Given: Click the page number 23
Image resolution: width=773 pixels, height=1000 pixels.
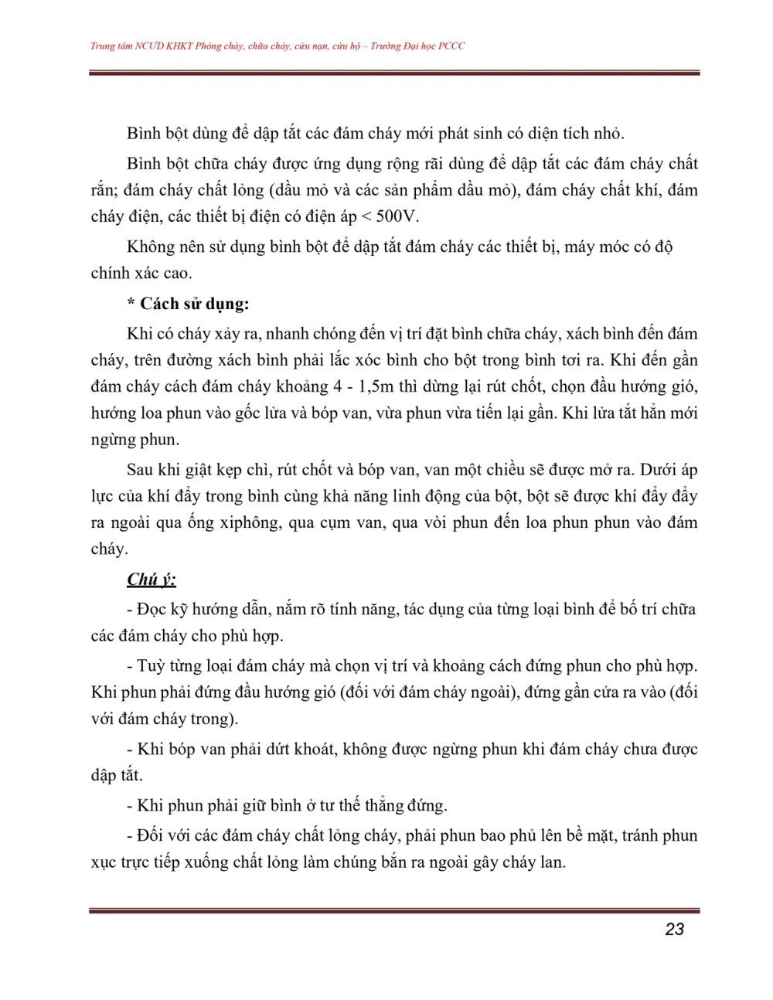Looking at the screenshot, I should click(674, 929).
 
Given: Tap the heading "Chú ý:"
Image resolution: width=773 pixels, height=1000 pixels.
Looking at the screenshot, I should click(152, 579).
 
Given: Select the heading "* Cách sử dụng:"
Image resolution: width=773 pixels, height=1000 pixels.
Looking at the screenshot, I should click(188, 304).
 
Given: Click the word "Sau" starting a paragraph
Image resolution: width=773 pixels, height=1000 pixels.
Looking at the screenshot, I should click(141, 470).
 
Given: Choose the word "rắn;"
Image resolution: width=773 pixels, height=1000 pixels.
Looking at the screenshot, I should click(105, 190).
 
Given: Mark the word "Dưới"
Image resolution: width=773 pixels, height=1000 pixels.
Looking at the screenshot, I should click(654, 470).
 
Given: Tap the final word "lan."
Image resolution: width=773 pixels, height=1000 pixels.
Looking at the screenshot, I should click(549, 862).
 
